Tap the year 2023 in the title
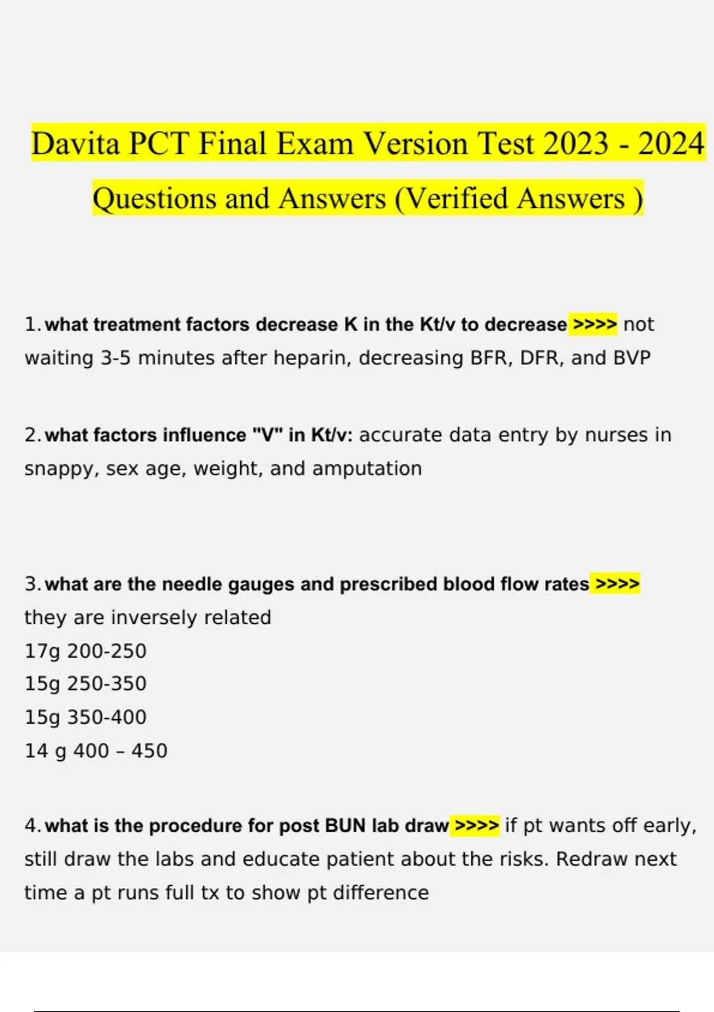coord(575,144)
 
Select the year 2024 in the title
coord(671,144)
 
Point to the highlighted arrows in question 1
coord(593,324)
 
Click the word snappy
coord(59,469)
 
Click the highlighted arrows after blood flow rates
coord(617,584)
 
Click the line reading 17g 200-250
coord(85,651)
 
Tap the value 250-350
coord(107,683)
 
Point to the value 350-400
coord(107,717)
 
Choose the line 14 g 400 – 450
coord(96,751)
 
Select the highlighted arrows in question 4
coord(476,826)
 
